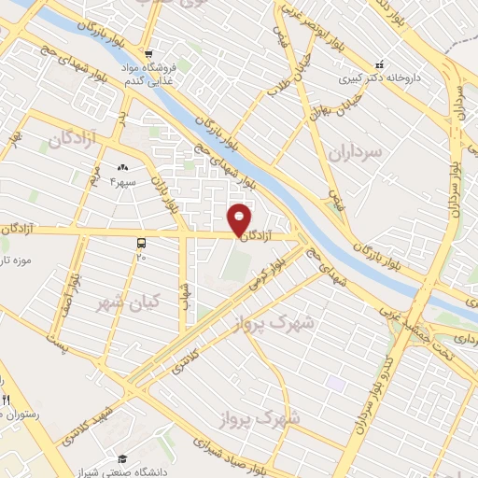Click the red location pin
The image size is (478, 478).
pos(240,219)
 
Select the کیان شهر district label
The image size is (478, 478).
pos(128,302)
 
